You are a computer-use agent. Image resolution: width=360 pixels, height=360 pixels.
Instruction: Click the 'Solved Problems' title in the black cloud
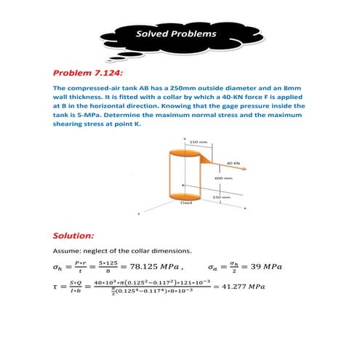coord(176,34)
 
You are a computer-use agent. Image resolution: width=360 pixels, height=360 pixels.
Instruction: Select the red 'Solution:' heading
coord(76,236)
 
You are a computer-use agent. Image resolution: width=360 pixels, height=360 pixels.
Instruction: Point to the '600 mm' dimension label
coord(223,178)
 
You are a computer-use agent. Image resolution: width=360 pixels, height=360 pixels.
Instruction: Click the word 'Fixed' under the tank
coord(185,204)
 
